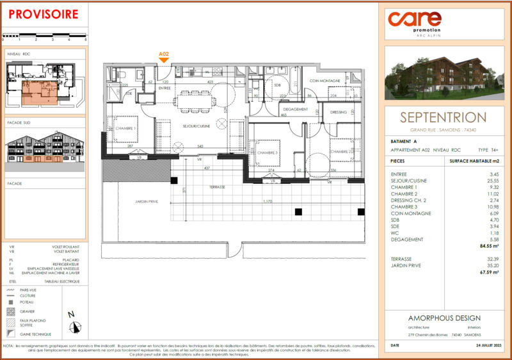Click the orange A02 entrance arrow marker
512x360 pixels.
[x=164, y=58]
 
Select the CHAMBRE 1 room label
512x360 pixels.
[x=125, y=128]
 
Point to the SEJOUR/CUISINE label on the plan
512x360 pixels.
[x=196, y=126]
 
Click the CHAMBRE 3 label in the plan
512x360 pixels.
[x=268, y=152]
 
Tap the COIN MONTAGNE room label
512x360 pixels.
[x=324, y=81]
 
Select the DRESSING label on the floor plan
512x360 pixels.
[x=338, y=112]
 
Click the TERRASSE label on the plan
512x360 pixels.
[x=216, y=187]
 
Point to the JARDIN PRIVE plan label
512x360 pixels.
[x=147, y=201]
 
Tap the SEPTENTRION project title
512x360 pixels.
[x=443, y=117]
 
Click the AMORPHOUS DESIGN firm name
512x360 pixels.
[x=444, y=318]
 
